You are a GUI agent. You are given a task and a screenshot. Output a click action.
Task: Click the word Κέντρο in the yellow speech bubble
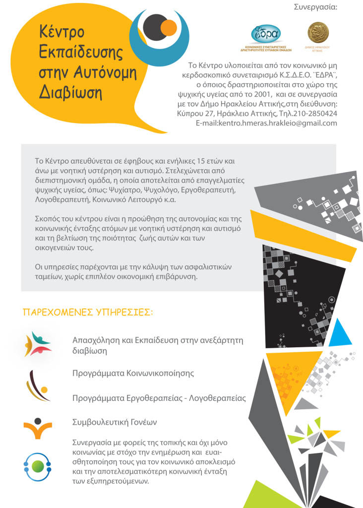click(62, 32)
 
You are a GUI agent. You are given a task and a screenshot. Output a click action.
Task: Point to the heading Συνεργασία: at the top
click(315, 7)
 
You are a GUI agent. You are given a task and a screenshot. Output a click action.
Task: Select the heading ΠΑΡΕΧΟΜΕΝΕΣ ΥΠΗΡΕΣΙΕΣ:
click(88, 313)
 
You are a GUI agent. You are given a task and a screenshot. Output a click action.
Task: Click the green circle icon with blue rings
click(37, 466)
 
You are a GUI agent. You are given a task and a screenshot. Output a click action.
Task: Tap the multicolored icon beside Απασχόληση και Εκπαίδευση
click(38, 344)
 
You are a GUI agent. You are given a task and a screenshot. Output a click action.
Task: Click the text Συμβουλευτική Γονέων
click(115, 422)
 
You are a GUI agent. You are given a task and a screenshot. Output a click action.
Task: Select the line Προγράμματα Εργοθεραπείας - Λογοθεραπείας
click(159, 398)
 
